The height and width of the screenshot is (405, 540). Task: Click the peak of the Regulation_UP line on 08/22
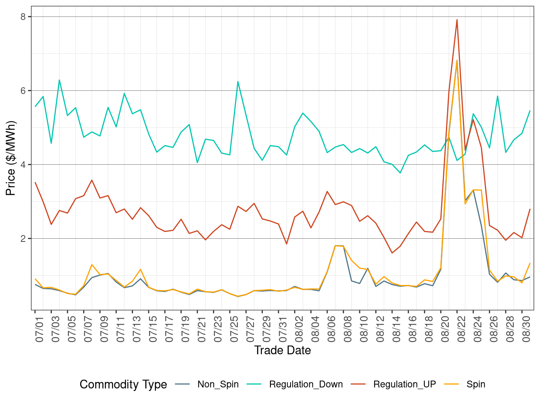pos(457,20)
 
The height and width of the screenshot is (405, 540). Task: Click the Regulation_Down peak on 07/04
pos(59,80)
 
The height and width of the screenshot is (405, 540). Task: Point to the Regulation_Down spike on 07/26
pos(238,82)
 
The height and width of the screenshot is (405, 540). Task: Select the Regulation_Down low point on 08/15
pos(400,173)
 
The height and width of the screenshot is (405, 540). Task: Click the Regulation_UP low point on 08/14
pos(392,253)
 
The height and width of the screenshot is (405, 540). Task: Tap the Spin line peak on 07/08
pos(92,264)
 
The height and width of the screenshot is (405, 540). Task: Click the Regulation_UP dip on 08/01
pos(286,244)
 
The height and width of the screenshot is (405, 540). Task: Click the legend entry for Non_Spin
pos(218,385)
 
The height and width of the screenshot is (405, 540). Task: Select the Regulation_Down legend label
pos(306,385)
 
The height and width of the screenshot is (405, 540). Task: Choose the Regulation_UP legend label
pos(404,385)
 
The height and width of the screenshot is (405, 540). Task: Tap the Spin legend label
pos(476,385)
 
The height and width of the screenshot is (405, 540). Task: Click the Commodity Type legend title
pos(123,385)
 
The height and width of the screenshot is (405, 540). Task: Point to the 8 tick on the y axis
pos(23,17)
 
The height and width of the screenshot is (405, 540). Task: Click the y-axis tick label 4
pos(23,165)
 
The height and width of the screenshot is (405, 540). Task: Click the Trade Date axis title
pos(282,350)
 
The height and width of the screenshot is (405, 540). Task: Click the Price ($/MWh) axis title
pos(11,158)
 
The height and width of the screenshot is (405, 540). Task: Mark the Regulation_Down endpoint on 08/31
pos(530,111)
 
